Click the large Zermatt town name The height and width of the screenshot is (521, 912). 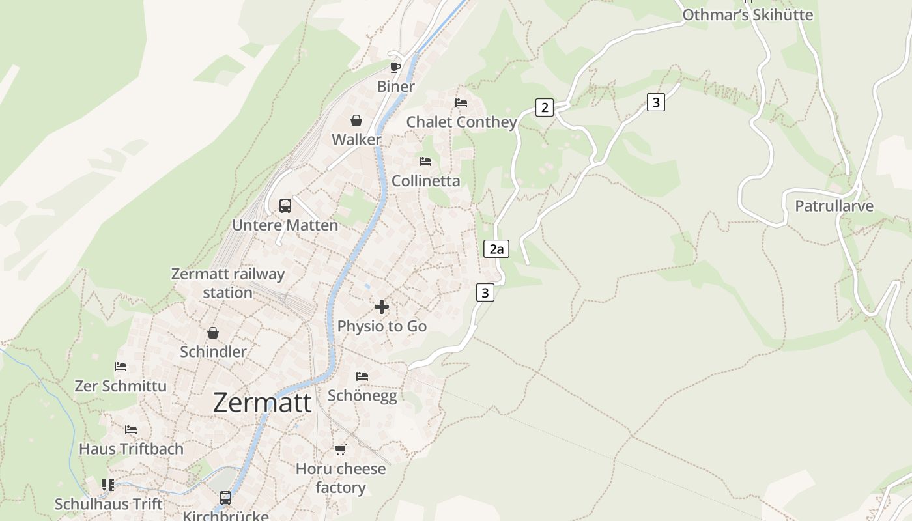262,402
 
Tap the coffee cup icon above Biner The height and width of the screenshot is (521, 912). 395,67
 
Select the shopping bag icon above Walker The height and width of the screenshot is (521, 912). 356,120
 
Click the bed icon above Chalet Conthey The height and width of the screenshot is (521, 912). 461,103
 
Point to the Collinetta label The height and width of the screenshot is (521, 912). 425,181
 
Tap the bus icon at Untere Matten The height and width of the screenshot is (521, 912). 285,206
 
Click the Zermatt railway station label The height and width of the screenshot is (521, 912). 228,283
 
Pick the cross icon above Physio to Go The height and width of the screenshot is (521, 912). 382,307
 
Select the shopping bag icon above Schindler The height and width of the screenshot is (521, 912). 213,333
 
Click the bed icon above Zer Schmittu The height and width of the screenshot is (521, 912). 121,367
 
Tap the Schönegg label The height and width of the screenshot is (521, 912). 362,396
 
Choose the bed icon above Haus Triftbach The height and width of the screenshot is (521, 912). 131,430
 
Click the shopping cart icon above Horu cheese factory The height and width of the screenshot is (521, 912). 340,449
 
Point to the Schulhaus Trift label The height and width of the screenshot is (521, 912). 108,504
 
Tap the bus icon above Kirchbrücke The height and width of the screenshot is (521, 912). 225,498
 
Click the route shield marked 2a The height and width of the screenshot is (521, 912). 496,249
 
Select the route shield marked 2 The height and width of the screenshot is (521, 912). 545,107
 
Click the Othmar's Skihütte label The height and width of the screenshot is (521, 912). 748,15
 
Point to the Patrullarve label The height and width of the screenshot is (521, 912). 834,206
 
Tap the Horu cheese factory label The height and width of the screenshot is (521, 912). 341,478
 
